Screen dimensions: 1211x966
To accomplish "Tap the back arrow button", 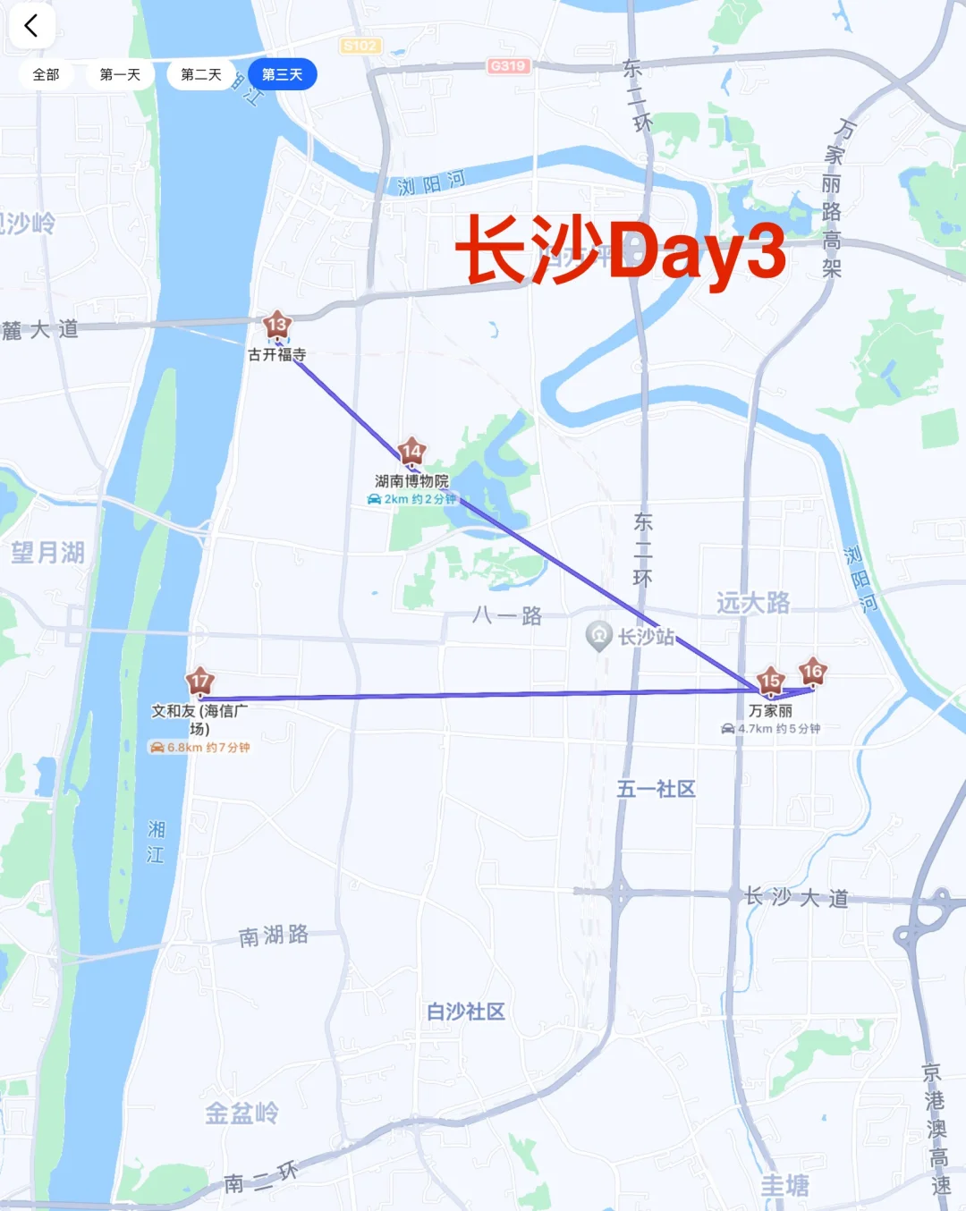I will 31,26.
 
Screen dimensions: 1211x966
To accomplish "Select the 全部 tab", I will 46,74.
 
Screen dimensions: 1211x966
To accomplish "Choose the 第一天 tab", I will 120,74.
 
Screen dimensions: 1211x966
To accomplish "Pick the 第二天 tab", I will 201,74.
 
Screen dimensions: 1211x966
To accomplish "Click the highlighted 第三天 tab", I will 282,74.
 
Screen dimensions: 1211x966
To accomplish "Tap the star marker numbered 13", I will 276,326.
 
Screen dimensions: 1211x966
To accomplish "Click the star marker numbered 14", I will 411,453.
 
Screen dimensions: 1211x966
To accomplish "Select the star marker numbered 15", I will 770,682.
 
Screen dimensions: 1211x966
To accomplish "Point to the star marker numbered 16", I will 812,672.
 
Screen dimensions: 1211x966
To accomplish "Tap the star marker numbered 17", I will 199,682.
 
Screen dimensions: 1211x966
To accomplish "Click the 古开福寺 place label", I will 277,355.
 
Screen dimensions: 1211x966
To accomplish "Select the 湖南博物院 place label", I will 411,481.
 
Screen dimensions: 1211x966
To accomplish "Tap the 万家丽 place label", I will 770,711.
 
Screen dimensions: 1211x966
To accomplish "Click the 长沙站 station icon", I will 598,636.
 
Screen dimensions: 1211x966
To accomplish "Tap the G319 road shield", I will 508,66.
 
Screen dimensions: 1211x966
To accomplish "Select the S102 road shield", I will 360,46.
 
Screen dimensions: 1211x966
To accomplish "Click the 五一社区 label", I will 656,789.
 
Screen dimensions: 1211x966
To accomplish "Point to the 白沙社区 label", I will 465,1012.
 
